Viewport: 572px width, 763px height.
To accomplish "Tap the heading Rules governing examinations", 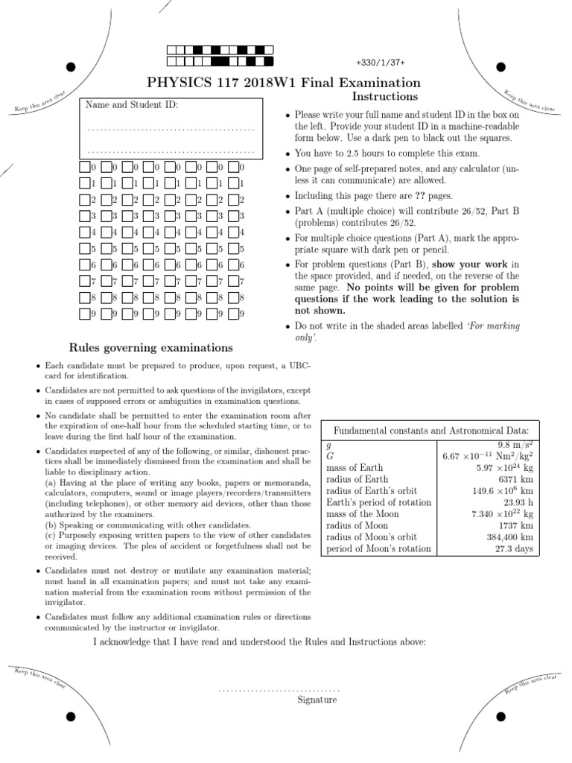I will (151, 347).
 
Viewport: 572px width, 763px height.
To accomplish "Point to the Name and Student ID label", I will (132, 105).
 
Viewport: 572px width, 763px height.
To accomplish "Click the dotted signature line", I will (279, 690).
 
